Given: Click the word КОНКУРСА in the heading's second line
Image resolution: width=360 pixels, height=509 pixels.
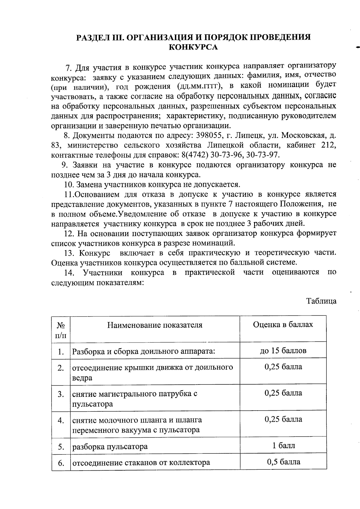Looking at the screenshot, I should (193, 47).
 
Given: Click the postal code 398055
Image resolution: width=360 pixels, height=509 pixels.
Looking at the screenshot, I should (209, 135).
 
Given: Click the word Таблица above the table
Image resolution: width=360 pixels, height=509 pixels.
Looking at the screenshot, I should (321, 301).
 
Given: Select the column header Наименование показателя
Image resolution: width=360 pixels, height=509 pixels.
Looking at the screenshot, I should (155, 325).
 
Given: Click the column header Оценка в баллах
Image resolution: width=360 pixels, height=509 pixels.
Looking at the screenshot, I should (283, 325).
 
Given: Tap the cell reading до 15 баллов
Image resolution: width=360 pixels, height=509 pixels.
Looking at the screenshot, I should (283, 350).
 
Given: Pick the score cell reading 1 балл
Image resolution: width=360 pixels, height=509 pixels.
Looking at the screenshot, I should (283, 445).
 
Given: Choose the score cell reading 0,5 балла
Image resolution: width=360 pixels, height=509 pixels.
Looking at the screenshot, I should (283, 462).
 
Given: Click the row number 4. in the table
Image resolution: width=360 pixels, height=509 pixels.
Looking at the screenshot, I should (61, 421).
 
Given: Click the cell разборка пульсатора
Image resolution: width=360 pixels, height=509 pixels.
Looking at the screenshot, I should (110, 447).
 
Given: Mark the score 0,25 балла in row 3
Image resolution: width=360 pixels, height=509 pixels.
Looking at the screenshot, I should (283, 393).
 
